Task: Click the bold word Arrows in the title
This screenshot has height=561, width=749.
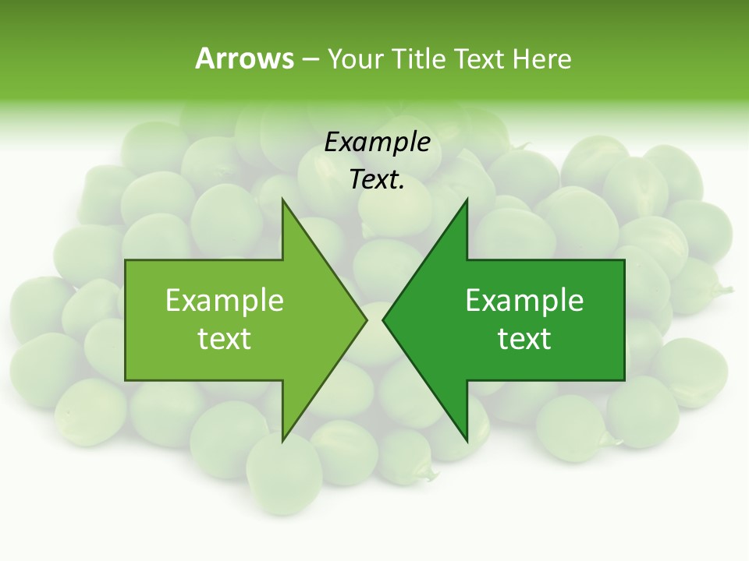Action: (x=244, y=58)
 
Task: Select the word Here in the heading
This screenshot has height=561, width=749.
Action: (x=541, y=59)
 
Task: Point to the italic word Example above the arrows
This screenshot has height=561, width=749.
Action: (x=377, y=142)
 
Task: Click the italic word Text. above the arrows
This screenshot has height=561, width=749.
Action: (x=377, y=180)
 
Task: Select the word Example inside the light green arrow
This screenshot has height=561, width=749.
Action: (x=225, y=301)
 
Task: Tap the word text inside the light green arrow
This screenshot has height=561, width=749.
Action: (x=225, y=339)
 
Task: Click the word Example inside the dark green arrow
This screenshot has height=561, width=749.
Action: (x=524, y=301)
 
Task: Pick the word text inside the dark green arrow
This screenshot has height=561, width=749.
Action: (x=524, y=339)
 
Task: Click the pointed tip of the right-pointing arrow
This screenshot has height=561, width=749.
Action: (x=366, y=319)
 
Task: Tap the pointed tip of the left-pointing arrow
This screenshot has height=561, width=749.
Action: (x=383, y=319)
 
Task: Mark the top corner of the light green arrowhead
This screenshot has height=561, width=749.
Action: (x=282, y=199)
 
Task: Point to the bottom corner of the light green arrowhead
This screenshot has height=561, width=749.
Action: (x=282, y=440)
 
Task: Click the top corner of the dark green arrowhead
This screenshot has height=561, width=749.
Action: (x=467, y=199)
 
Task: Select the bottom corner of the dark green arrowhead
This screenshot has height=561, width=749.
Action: (x=467, y=440)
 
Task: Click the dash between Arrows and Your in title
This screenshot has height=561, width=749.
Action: (x=310, y=60)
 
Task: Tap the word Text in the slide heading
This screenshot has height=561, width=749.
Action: (x=480, y=59)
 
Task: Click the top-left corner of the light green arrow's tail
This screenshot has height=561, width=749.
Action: (x=126, y=260)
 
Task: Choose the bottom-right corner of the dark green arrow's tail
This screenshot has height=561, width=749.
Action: (x=624, y=380)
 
